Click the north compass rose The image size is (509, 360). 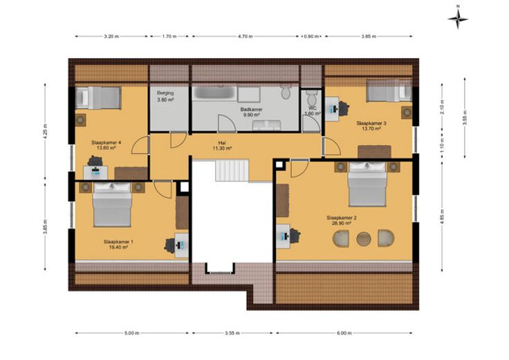[458, 19]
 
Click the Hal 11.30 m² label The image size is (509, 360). [222, 145]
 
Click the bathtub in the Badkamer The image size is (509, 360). [214, 94]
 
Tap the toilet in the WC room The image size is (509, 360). [313, 96]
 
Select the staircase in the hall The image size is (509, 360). [232, 170]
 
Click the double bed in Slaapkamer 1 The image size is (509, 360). [112, 205]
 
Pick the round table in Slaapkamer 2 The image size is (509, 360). [364, 239]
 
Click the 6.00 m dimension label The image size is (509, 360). [344, 333]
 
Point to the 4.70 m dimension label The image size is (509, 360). [245, 37]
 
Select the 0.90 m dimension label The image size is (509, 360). [311, 37]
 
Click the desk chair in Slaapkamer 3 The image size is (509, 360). [344, 108]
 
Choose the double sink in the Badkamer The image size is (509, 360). [267, 126]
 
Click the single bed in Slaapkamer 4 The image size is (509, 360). [98, 97]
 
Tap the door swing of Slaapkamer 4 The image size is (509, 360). [140, 145]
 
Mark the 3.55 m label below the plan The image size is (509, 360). [232, 333]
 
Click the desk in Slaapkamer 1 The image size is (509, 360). [181, 245]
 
